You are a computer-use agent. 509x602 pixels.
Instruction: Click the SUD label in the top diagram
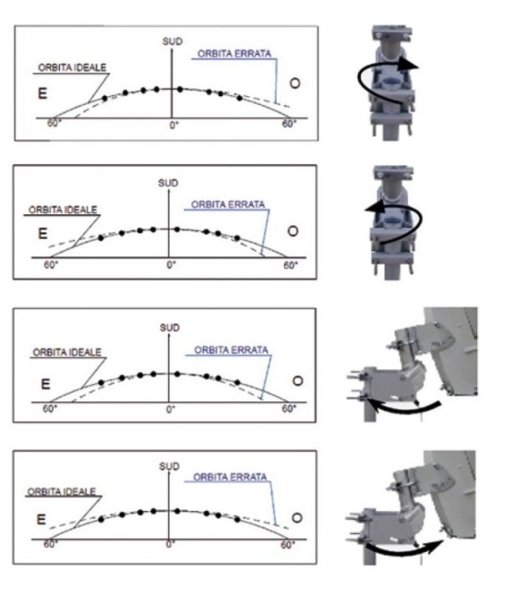[172, 42]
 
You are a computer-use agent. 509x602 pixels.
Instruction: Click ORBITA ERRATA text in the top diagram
[234, 54]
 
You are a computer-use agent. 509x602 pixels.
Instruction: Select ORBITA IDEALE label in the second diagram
[63, 210]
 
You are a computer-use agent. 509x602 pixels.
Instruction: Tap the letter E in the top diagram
[43, 94]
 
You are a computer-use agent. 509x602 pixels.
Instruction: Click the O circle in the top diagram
[295, 84]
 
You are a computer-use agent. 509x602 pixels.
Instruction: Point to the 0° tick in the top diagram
[174, 125]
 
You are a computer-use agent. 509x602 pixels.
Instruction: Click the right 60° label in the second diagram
[291, 265]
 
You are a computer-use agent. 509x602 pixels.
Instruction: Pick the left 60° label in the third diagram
[49, 409]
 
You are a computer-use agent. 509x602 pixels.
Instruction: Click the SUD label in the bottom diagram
[170, 467]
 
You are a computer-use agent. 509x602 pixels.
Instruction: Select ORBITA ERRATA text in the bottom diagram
[230, 477]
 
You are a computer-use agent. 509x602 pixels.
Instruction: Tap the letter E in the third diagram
[45, 384]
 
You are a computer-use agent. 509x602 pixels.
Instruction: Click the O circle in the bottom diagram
[297, 518]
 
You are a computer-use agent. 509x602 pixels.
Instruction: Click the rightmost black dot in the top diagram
[240, 99]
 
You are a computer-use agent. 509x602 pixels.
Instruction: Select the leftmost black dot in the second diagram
[101, 238]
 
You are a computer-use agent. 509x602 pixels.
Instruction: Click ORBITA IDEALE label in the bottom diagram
[61, 492]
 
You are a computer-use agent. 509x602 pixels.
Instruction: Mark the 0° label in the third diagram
[171, 409]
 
